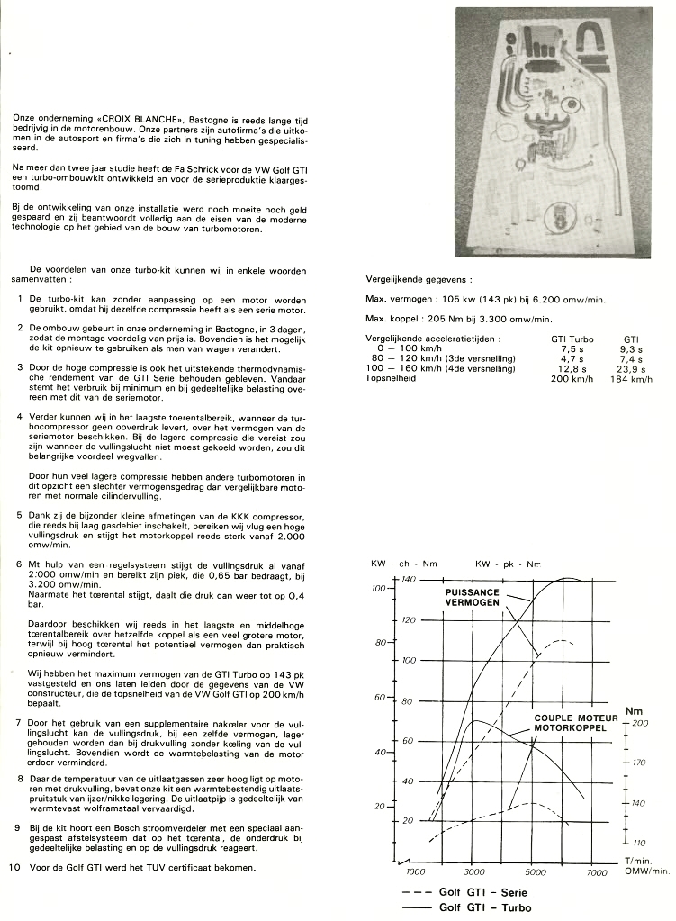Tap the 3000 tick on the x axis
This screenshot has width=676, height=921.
(474, 872)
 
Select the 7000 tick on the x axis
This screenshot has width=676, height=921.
(597, 872)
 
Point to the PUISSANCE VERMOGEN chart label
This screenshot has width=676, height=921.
(473, 597)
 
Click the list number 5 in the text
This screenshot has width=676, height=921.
(19, 515)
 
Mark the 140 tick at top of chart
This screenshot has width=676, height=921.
(409, 579)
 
